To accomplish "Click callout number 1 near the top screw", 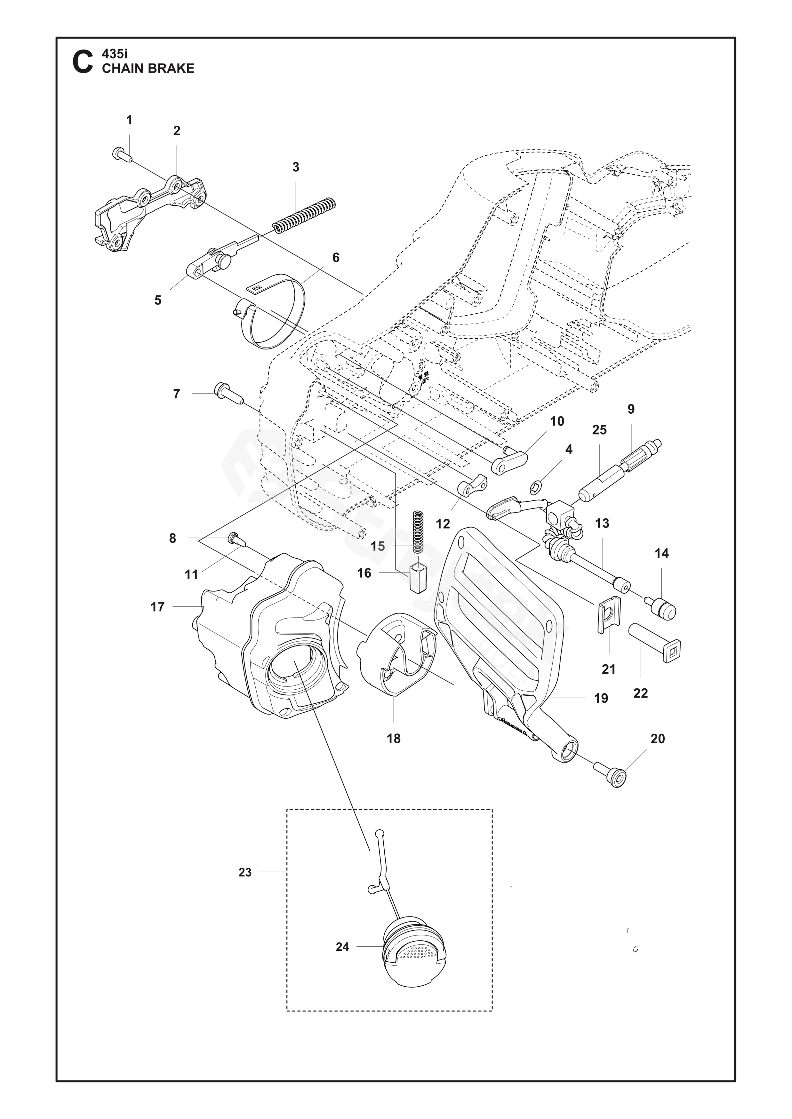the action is pos(129,120).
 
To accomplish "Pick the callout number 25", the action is pos(599,430).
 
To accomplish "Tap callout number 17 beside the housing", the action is pos(157,607).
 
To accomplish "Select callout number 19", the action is pos(601,698).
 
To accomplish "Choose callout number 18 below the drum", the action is pos(394,738).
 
